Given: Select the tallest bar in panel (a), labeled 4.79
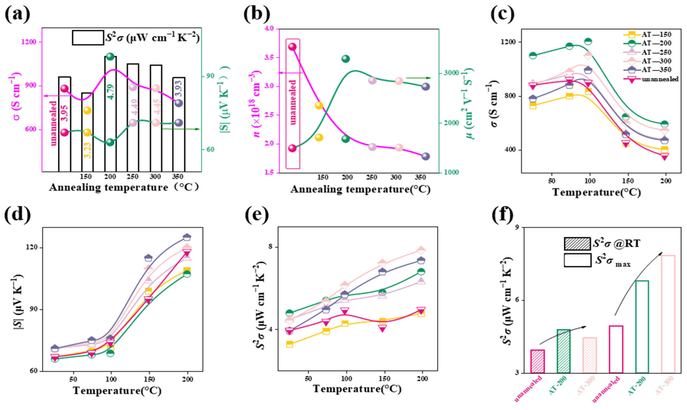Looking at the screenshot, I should pyautogui.click(x=110, y=113).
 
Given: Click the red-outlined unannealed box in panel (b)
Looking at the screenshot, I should pyautogui.click(x=293, y=104).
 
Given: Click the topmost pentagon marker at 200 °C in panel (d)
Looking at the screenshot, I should pyautogui.click(x=187, y=237).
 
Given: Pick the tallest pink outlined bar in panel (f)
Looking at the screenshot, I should pyautogui.click(x=668, y=314).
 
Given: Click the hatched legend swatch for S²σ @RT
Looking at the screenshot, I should pyautogui.click(x=577, y=244).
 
